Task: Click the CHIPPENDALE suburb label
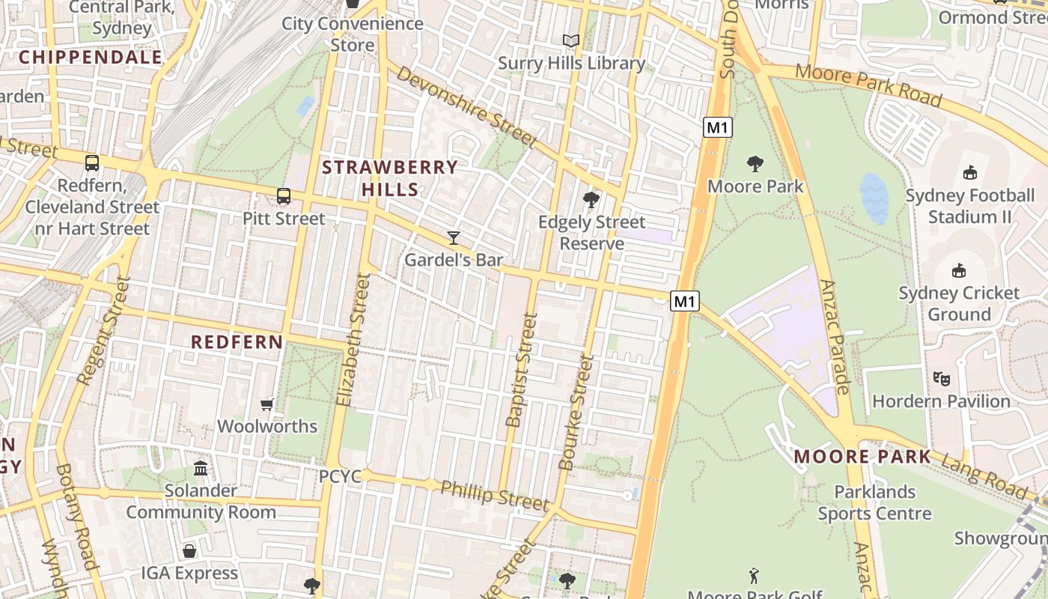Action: coord(90,57)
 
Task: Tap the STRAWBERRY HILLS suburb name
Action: coord(390,178)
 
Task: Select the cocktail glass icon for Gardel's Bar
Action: coord(453,238)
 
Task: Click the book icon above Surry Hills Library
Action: coord(571,40)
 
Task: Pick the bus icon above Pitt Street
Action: coord(284,196)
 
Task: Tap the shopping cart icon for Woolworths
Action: coord(266,405)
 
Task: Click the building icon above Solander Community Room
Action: coord(201,469)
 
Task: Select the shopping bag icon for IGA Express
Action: coord(189,551)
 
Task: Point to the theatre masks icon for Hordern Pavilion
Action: coord(941,379)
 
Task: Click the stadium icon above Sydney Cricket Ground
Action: coord(958,270)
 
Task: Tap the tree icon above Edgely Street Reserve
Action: coord(591,200)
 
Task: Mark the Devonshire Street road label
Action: coord(466,107)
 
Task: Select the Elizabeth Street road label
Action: coord(353,341)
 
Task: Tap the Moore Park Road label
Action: coord(868,85)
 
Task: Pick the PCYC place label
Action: coord(340,476)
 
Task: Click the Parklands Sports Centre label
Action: coord(874,502)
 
